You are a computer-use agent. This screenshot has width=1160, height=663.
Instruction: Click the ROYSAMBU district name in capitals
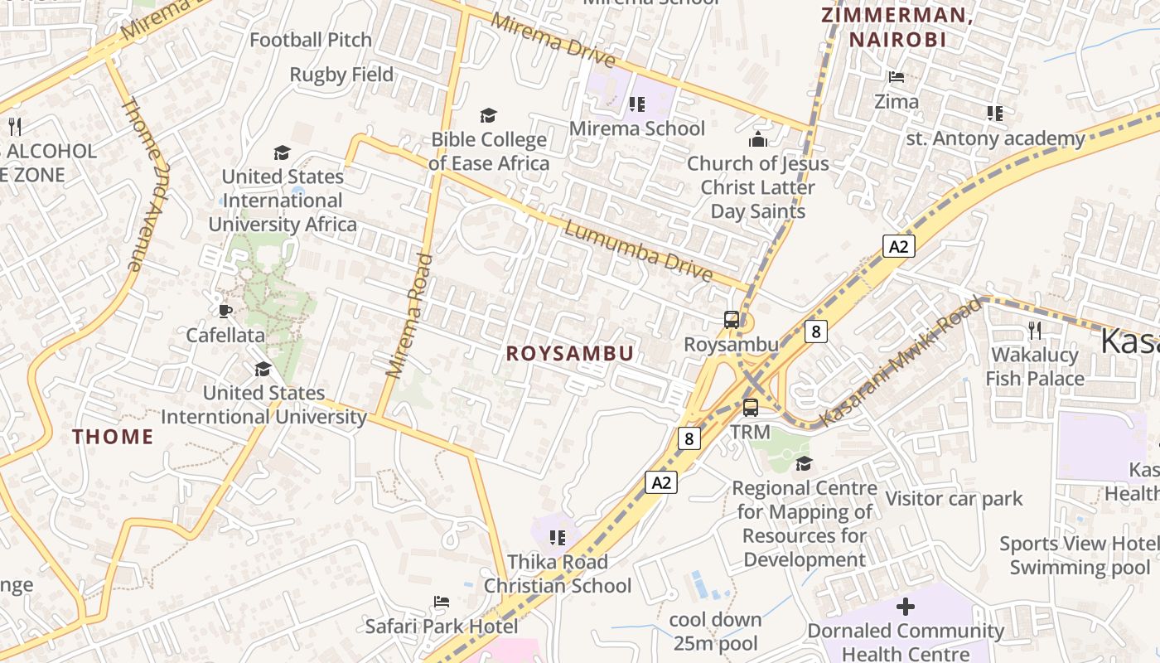[x=570, y=354]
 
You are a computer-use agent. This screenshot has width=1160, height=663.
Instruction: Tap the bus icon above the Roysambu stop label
[x=732, y=320]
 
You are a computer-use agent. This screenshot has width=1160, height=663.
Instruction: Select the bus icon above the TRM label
[x=751, y=408]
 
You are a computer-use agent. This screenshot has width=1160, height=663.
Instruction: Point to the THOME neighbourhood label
[x=113, y=437]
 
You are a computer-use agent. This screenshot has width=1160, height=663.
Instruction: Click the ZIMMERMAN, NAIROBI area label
[x=897, y=27]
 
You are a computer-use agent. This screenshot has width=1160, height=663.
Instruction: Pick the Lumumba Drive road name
[x=638, y=250]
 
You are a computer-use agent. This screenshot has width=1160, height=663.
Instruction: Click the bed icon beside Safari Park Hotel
[x=442, y=602]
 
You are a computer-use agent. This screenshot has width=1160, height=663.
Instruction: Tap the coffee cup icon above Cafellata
[x=225, y=311]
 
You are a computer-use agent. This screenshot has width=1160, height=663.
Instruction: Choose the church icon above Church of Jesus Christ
[x=758, y=139]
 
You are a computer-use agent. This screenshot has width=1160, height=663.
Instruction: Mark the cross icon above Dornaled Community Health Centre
[x=906, y=607]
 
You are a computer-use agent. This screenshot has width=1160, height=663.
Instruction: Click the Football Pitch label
[x=299, y=40]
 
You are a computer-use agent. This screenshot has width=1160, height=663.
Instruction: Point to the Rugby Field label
[x=341, y=75]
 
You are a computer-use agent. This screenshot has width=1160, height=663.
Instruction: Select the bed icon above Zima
[x=897, y=77]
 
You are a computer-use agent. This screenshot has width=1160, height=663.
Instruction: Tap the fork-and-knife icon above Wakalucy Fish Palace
[x=1035, y=331]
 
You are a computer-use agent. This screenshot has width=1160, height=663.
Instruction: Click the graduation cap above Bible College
[x=489, y=115]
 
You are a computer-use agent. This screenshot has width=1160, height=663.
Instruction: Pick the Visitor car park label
[x=955, y=499]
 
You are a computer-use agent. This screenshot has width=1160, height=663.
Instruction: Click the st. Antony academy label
[x=995, y=138]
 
